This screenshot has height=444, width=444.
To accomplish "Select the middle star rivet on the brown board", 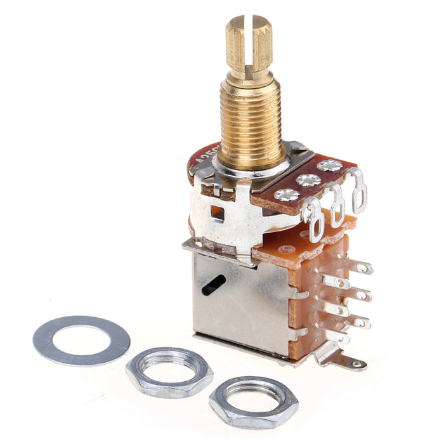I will coord(309,180).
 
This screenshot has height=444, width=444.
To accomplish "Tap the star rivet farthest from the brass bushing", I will coord(330,166).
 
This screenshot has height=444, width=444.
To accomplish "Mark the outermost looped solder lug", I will coord(359,188).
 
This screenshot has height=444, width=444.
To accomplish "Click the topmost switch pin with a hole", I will coord(362,268).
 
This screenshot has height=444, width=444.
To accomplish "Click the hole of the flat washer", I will coord(81,339).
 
